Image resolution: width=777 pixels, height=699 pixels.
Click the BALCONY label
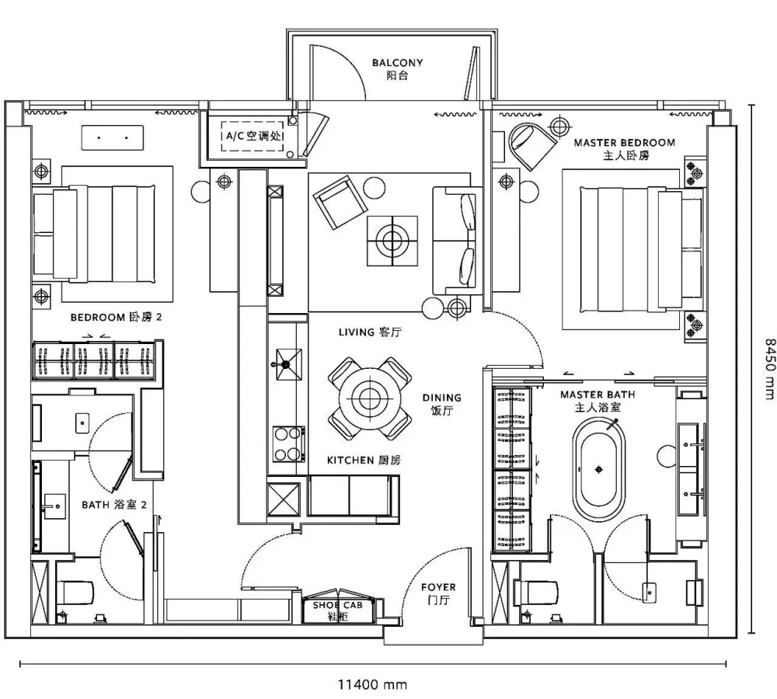coord(397,63)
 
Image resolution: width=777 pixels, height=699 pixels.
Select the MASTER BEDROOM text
coord(625,143)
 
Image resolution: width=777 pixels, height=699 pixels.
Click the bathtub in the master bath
coord(598,469)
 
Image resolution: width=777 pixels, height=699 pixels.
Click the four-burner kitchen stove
coord(289,444)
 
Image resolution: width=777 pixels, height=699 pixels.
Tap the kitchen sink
coord(288,364)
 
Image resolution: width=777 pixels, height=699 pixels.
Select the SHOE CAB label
coord(337,605)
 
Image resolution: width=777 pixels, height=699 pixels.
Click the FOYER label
coord(438,587)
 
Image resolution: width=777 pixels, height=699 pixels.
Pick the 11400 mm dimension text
coord(373,685)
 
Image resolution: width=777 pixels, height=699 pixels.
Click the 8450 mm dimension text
coord(769,369)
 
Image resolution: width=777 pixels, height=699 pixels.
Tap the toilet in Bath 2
coord(75,592)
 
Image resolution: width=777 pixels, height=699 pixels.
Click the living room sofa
coord(457,242)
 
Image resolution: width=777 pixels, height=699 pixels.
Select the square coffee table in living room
coord(392,241)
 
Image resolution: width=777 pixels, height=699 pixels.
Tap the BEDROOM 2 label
coord(116,317)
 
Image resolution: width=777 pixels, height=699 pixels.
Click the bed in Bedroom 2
coord(94,234)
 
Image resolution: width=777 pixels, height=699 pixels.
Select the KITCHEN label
coord(363,461)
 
